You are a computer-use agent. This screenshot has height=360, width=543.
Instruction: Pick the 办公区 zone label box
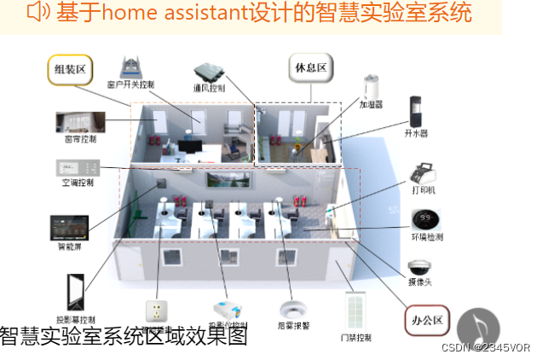pos(426,321)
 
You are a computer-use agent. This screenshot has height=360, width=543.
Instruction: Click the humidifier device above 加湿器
pos(371,88)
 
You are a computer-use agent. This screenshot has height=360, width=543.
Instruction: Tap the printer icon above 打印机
pos(423,171)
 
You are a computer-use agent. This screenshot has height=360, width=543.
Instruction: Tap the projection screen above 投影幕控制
pos(75,290)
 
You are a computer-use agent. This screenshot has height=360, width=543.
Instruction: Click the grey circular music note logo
pos(478,328)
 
